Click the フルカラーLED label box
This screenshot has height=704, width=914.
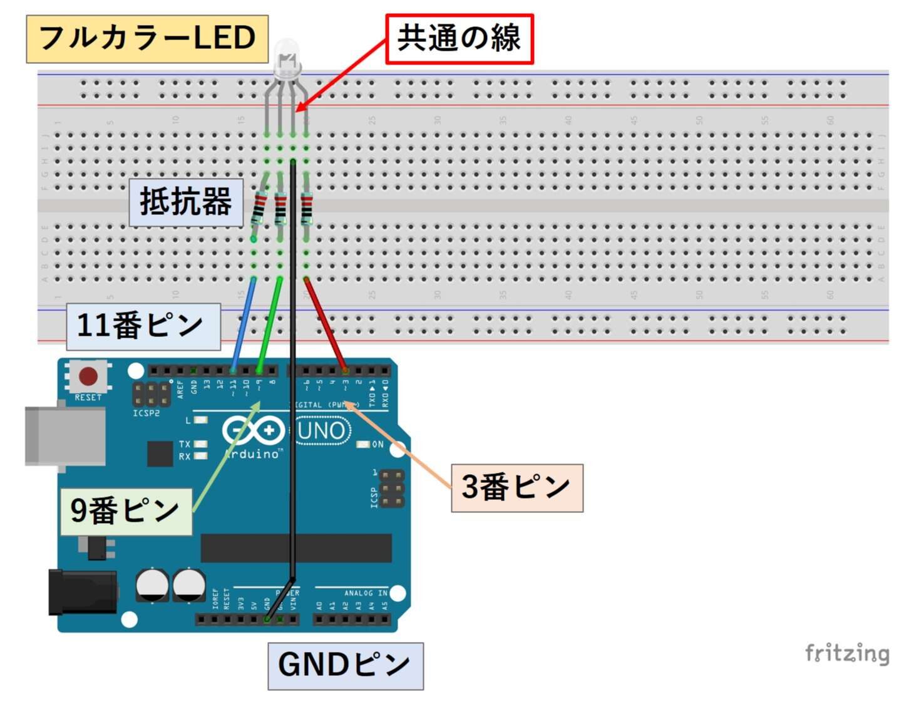147,39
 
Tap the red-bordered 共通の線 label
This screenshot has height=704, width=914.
459,39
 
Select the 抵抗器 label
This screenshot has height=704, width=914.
186,202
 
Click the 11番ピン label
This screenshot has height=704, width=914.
142,326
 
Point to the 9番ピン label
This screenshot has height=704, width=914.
125,510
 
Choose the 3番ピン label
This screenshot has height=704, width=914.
516,487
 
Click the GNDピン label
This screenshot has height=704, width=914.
345,665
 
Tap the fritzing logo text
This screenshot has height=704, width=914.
846,653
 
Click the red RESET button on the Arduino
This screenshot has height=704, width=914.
88,376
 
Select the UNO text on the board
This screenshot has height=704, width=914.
321,431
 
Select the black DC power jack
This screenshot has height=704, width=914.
83,592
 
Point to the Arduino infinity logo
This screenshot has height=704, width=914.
252,431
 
